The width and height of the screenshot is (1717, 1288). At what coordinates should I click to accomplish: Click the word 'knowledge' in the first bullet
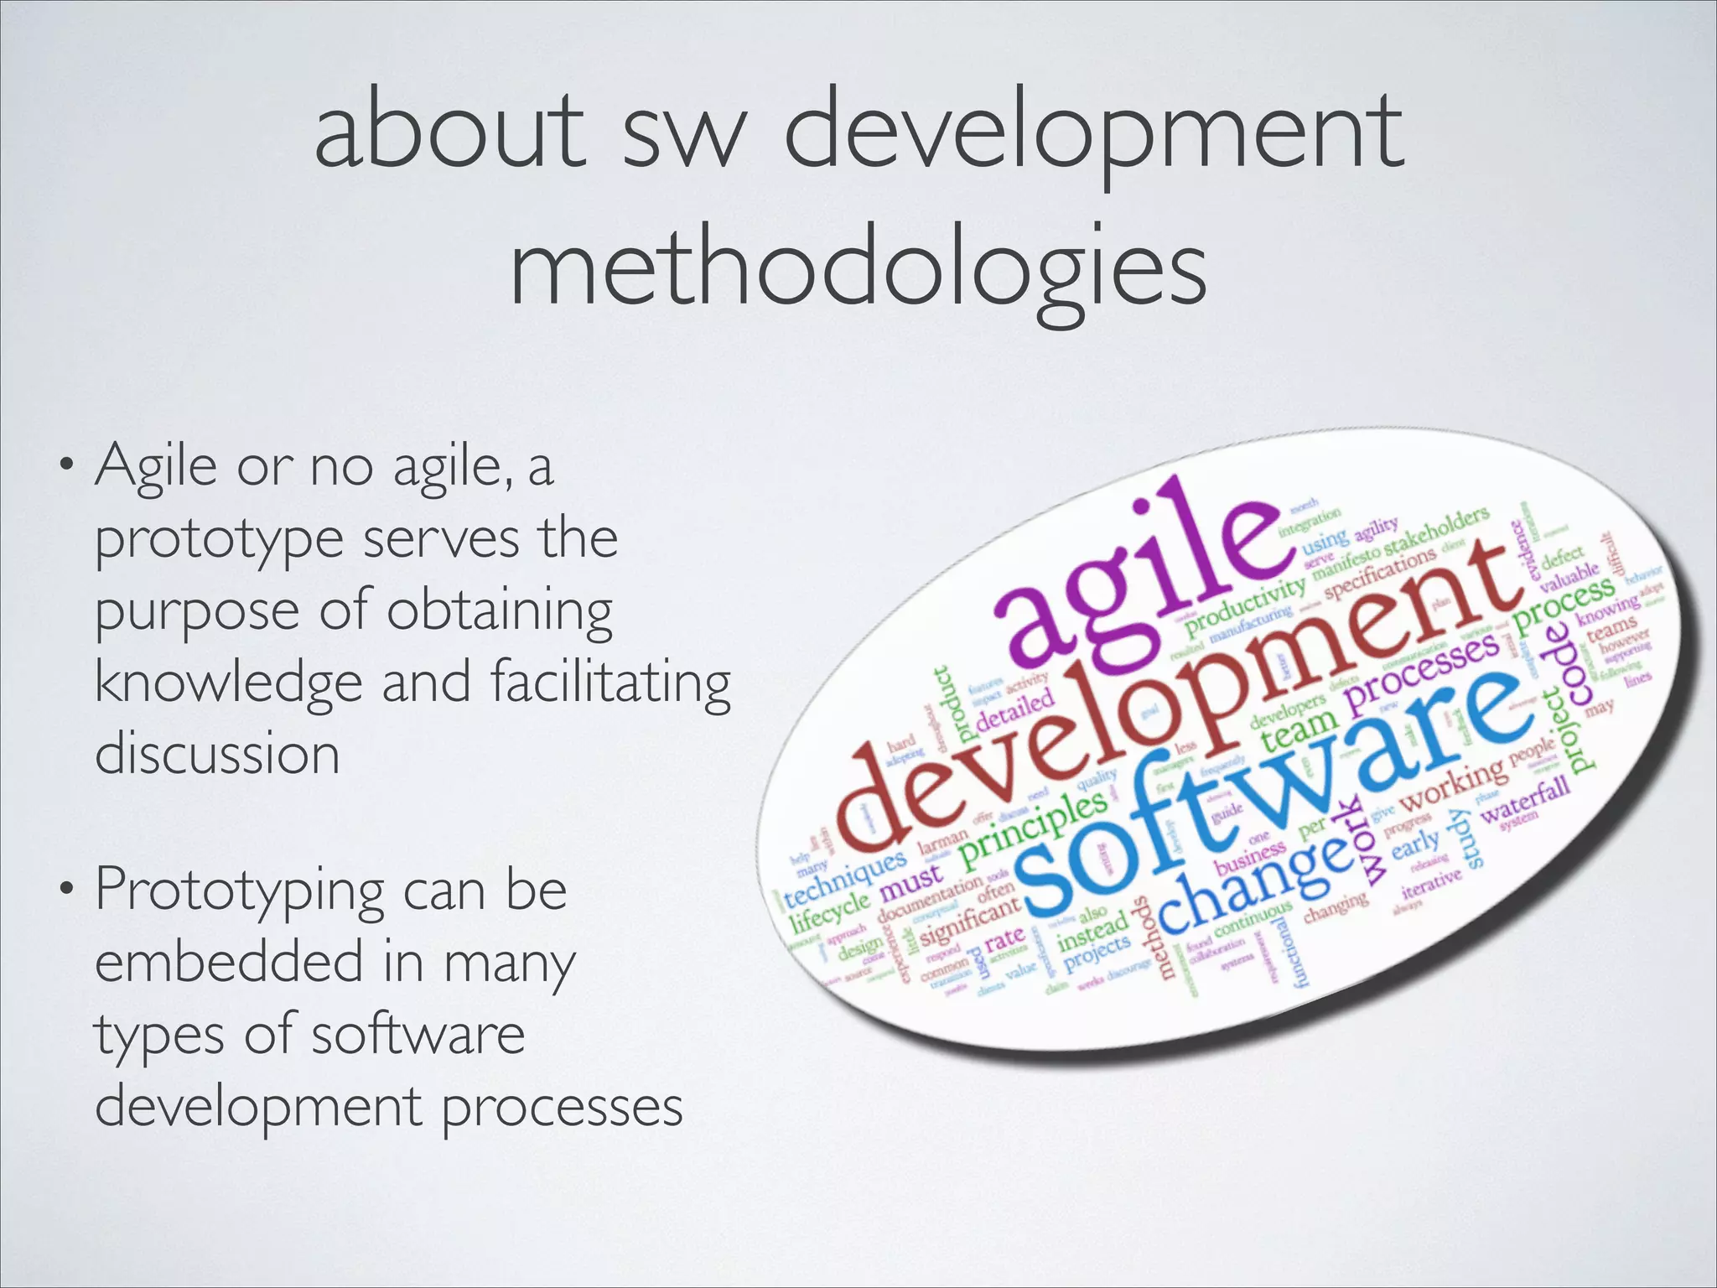point(228,682)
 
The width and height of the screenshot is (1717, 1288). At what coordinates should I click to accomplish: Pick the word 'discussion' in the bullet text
point(217,753)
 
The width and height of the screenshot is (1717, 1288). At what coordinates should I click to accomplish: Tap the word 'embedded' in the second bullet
point(229,963)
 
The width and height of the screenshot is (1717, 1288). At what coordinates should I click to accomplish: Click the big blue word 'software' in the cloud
point(1258,797)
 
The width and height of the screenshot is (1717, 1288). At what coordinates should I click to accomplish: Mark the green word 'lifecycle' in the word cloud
point(831,911)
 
